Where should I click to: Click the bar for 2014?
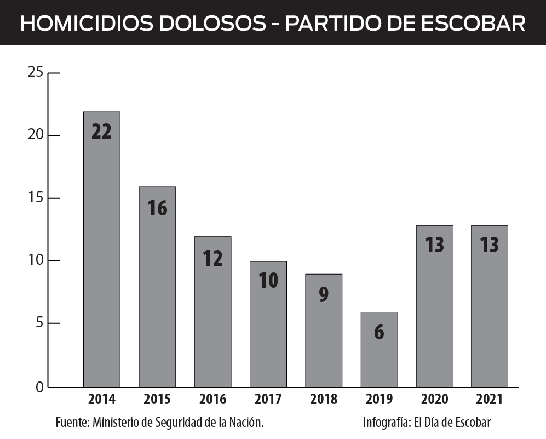tap(101, 249)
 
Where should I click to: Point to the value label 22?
tap(101, 132)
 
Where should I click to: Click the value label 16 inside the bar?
tap(157, 208)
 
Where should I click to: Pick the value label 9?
tap(324, 294)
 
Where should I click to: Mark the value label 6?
tap(379, 333)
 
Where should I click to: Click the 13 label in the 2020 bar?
tap(434, 245)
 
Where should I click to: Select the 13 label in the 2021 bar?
tap(489, 245)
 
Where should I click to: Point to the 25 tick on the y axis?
tap(35, 72)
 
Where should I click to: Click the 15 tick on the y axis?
tap(35, 198)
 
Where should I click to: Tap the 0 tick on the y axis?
tap(39, 387)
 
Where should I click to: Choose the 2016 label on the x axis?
tap(212, 399)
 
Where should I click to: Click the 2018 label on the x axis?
tap(324, 399)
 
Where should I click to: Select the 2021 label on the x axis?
tap(489, 399)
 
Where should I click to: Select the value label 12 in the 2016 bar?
tap(212, 258)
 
